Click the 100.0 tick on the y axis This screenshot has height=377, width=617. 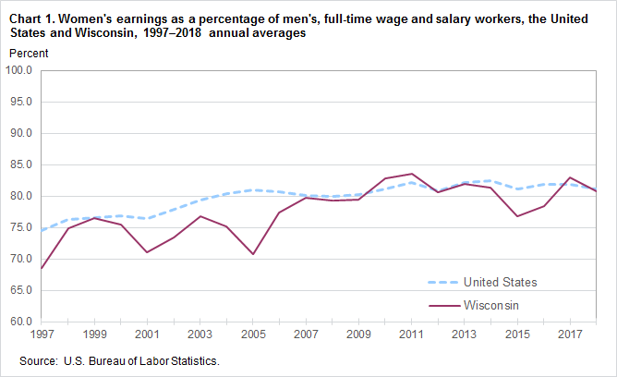point(19,69)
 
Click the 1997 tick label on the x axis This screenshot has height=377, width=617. point(42,333)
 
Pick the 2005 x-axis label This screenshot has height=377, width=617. point(252,333)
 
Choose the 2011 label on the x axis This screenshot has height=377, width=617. point(412,333)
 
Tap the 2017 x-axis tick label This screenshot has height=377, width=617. point(571,333)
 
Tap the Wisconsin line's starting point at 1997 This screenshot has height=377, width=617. point(42,268)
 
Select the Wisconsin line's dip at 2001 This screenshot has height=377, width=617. point(147,251)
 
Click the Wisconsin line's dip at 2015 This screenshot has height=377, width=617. point(518,216)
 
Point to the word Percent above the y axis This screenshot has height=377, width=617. point(29,53)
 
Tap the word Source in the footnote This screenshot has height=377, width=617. point(38,360)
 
